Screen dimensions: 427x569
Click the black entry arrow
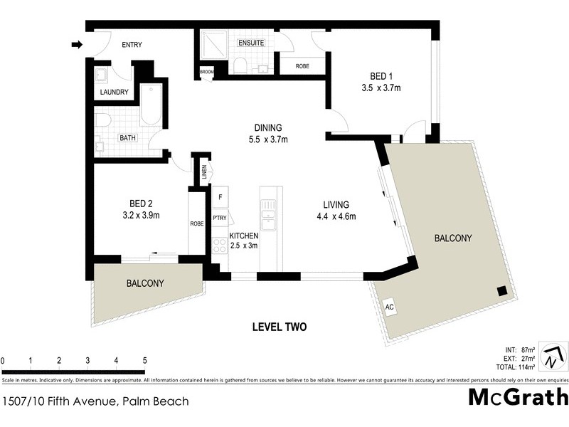[x=77, y=46]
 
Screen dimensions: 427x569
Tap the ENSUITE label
[x=250, y=43]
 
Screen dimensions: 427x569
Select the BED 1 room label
[x=381, y=76]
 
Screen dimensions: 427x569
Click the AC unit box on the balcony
[x=389, y=307]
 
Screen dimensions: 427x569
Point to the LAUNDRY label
[x=114, y=93]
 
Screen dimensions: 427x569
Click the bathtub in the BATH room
[x=151, y=105]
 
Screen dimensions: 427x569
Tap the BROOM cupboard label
[x=206, y=71]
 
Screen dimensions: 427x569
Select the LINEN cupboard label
[x=203, y=170]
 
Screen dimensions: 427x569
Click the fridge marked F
[x=220, y=196]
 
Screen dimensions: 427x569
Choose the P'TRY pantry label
[x=220, y=219]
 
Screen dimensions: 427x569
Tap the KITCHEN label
[x=243, y=235]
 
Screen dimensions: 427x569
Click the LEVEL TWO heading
[x=280, y=327]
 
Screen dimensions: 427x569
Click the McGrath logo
[x=519, y=397]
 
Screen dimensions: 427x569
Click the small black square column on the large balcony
[x=502, y=290]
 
